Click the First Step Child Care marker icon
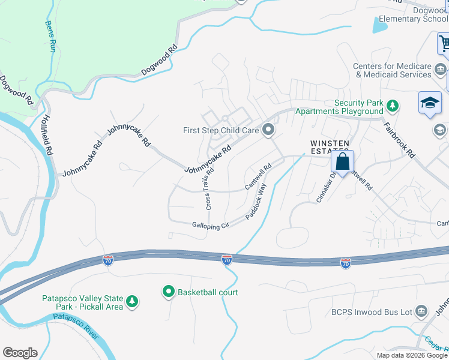click(268, 130)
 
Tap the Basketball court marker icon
click(169, 292)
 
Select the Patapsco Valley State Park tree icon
click(132, 302)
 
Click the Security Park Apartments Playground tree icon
click(393, 106)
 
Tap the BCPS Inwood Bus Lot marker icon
click(421, 311)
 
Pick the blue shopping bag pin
click(342, 162)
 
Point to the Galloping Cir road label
click(211, 226)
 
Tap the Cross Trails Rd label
click(209, 188)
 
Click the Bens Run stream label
click(50, 36)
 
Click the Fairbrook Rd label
click(400, 139)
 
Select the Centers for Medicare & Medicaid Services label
click(392, 70)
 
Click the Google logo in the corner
click(20, 353)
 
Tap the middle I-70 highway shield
click(226, 260)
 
